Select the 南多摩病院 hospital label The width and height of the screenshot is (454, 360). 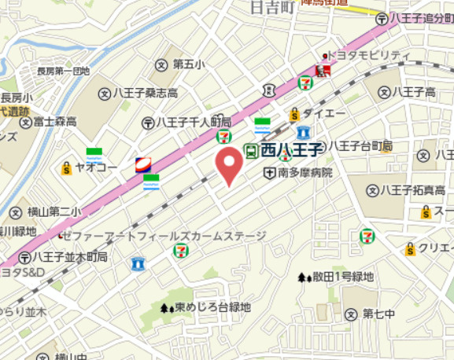click(305, 172)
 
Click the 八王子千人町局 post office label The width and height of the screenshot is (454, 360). click(194, 123)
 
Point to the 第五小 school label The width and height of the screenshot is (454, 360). click(189, 64)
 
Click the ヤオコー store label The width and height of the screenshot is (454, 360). click(97, 167)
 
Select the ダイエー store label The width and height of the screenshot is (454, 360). click(319, 114)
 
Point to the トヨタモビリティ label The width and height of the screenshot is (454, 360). click(369, 55)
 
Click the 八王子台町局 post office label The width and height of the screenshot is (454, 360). click(360, 145)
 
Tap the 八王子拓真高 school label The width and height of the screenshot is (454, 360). click(412, 189)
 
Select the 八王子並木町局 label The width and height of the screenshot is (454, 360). click(73, 257)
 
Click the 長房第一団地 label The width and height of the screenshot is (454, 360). click(63, 71)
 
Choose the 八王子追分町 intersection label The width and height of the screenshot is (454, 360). click(417, 17)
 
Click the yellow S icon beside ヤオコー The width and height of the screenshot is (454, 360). click(67, 167)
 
